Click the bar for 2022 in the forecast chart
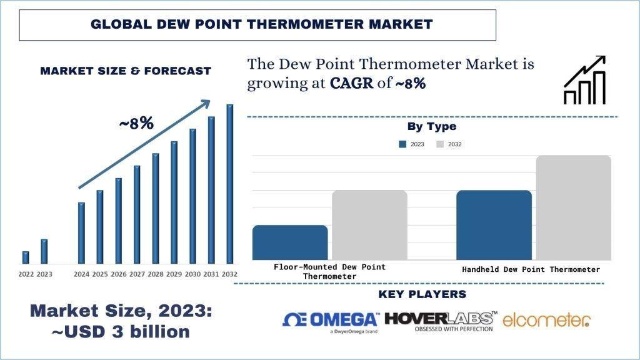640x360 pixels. [26, 257]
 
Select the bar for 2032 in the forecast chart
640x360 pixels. [230, 184]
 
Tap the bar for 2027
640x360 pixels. [137, 214]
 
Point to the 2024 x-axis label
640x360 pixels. [81, 274]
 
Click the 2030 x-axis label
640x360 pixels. [192, 274]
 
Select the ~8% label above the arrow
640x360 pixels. [136, 123]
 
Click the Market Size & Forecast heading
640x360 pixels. [126, 71]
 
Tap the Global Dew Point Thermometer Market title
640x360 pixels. [261, 24]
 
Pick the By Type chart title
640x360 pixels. [431, 127]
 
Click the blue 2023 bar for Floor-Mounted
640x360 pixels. [290, 242]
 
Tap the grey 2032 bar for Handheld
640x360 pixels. [573, 207]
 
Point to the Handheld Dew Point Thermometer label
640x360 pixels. [531, 269]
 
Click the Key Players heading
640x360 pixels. [422, 294]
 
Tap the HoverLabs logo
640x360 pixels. [441, 321]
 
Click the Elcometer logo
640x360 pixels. [546, 321]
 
